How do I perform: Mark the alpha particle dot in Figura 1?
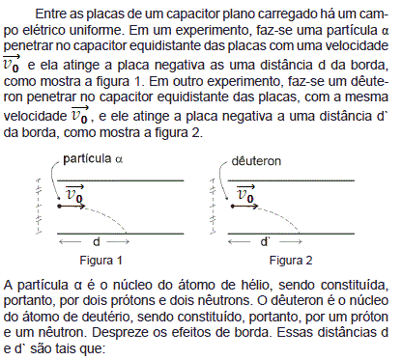(63, 206)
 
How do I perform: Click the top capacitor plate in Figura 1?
(126, 180)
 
